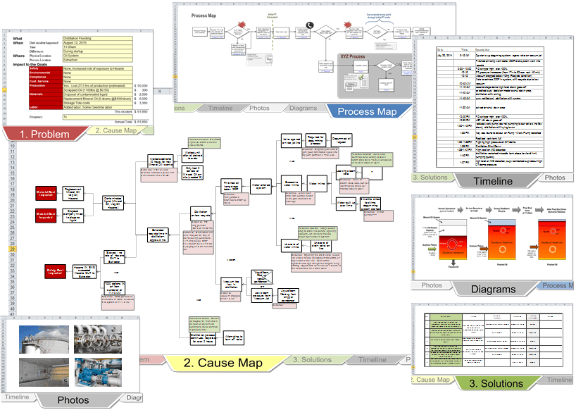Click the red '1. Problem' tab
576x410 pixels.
44,134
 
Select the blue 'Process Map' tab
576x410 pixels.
367,111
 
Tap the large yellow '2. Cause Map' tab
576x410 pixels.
223,363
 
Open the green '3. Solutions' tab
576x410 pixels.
496,383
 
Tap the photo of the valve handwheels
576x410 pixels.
98,339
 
